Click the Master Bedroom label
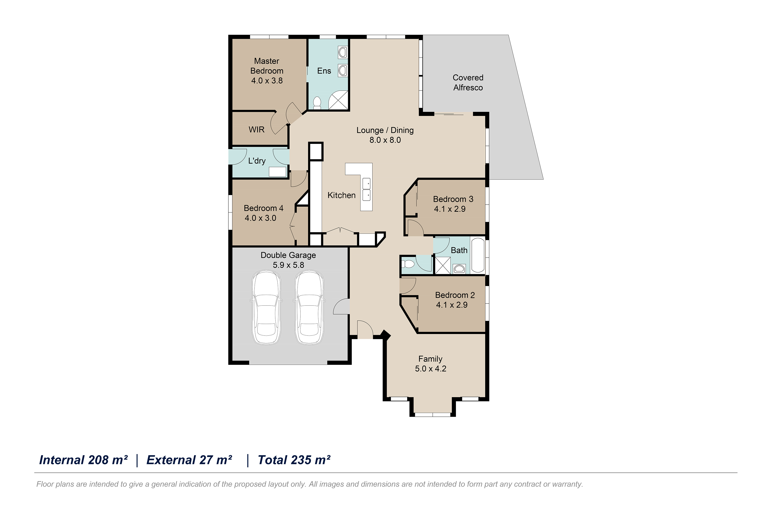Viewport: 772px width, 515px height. point(267,66)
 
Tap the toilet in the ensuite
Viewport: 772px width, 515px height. point(317,103)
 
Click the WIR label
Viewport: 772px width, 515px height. point(257,129)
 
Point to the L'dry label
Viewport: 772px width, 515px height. point(257,161)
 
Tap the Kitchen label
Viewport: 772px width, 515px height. point(341,195)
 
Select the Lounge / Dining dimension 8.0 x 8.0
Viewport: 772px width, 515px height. point(385,140)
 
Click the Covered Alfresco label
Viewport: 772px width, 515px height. point(468,82)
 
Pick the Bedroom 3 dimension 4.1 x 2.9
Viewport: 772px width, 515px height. point(450,209)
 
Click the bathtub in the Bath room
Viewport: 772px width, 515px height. point(478,256)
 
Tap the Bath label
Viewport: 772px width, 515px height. point(459,250)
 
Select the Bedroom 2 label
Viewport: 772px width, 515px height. point(455,295)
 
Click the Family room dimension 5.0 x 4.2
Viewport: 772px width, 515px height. point(431,368)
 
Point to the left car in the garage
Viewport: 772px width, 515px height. point(266,307)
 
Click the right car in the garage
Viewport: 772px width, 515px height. point(309,307)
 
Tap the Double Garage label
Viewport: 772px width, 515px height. point(288,255)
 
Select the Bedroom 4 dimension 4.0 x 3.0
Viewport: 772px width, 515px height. point(260,218)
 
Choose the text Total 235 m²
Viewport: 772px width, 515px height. point(294,460)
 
